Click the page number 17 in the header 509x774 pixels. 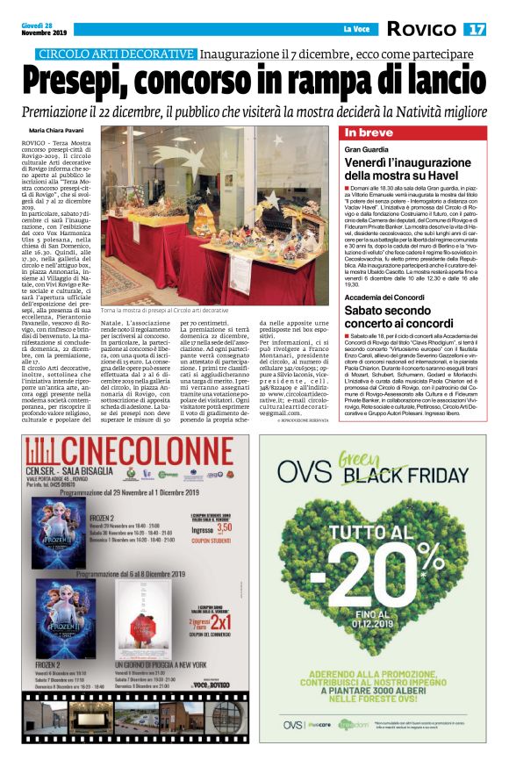(476, 30)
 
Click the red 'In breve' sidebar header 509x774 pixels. (369, 133)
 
